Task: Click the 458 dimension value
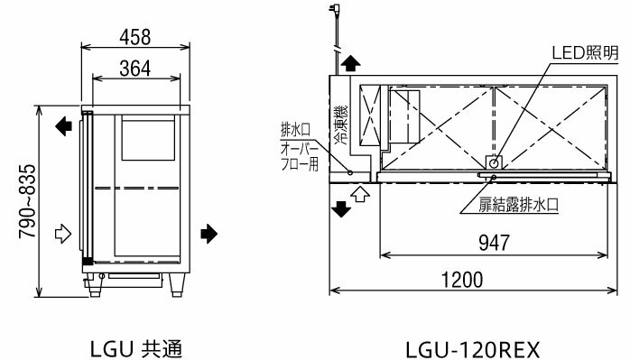[x=135, y=37]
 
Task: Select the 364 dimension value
[x=135, y=69]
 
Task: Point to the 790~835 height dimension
[x=28, y=201]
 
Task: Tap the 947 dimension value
[x=494, y=243]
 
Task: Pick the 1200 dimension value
[x=462, y=280]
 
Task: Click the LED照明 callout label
[x=586, y=52]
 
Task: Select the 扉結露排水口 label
[x=518, y=205]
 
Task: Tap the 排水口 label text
[x=295, y=129]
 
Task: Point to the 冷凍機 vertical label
[x=340, y=125]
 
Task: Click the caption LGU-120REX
[x=472, y=349]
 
